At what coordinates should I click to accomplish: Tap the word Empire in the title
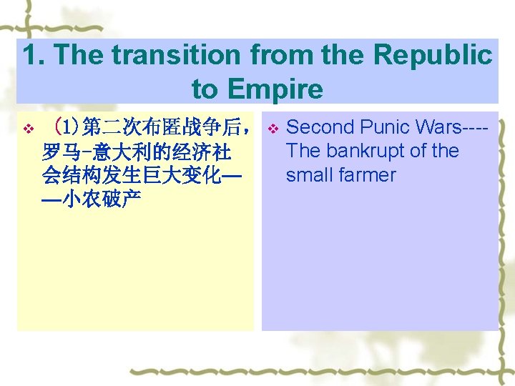click(x=275, y=89)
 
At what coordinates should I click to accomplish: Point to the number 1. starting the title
click(x=34, y=56)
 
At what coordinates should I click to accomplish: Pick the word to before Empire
click(x=205, y=89)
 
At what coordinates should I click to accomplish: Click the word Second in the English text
click(x=320, y=127)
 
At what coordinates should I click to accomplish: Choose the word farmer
click(x=369, y=175)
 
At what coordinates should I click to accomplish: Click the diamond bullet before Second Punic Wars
click(x=272, y=129)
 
